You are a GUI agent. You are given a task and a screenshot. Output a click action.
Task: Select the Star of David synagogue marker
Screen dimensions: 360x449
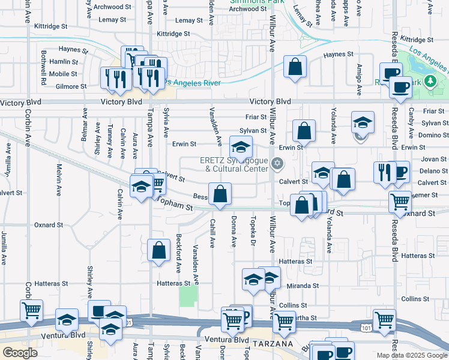(277, 163)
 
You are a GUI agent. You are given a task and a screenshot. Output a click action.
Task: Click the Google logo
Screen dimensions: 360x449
(20, 353)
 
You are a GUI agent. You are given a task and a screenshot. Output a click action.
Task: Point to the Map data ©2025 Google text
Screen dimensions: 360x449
(411, 355)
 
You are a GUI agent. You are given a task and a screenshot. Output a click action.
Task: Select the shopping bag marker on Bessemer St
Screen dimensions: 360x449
(220, 194)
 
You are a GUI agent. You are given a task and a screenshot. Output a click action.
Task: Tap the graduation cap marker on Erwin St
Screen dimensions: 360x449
(241, 146)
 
